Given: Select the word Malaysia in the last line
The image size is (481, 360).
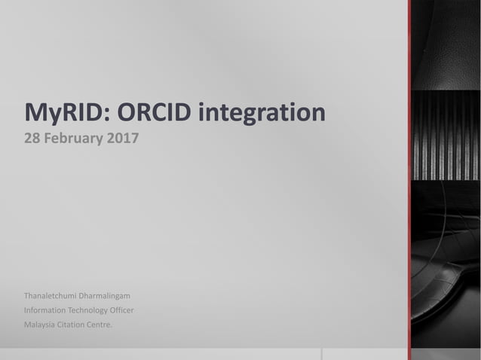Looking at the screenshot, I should point(41,325).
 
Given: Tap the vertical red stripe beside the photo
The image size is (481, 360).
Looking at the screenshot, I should point(409,181).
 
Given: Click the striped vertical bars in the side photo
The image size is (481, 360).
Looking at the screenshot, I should point(445,136).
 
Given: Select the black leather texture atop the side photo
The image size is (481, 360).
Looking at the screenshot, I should point(445,38).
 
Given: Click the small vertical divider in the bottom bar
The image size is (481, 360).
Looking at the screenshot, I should point(322,354).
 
